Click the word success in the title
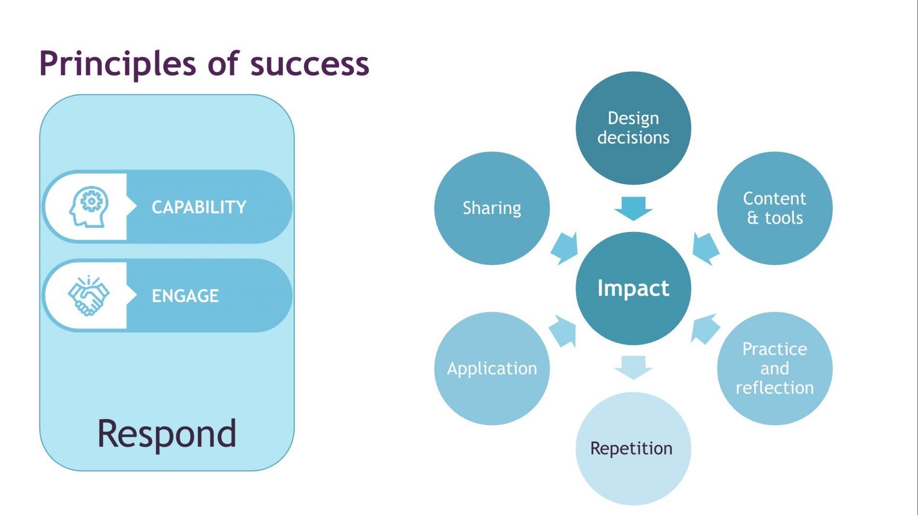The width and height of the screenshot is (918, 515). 310,64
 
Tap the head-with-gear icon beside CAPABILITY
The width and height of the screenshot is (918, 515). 89,206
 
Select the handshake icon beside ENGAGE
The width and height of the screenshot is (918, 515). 88,295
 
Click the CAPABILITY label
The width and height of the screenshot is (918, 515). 199,207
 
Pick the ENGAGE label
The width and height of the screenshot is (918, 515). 185,296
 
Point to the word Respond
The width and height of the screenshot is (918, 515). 167,433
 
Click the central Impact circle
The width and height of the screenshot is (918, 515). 633,288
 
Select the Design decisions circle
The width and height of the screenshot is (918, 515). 633,128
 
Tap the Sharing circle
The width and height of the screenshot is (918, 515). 492,208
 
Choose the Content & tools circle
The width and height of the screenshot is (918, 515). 775,208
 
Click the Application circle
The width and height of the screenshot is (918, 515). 492,369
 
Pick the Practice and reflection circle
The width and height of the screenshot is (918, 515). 775,369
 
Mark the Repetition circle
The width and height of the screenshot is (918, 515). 633,448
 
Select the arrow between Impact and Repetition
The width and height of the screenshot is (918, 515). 633,368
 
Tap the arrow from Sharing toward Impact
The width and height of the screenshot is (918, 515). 564,248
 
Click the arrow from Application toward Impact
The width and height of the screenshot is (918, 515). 563,331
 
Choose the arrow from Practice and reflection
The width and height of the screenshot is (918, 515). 705,329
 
